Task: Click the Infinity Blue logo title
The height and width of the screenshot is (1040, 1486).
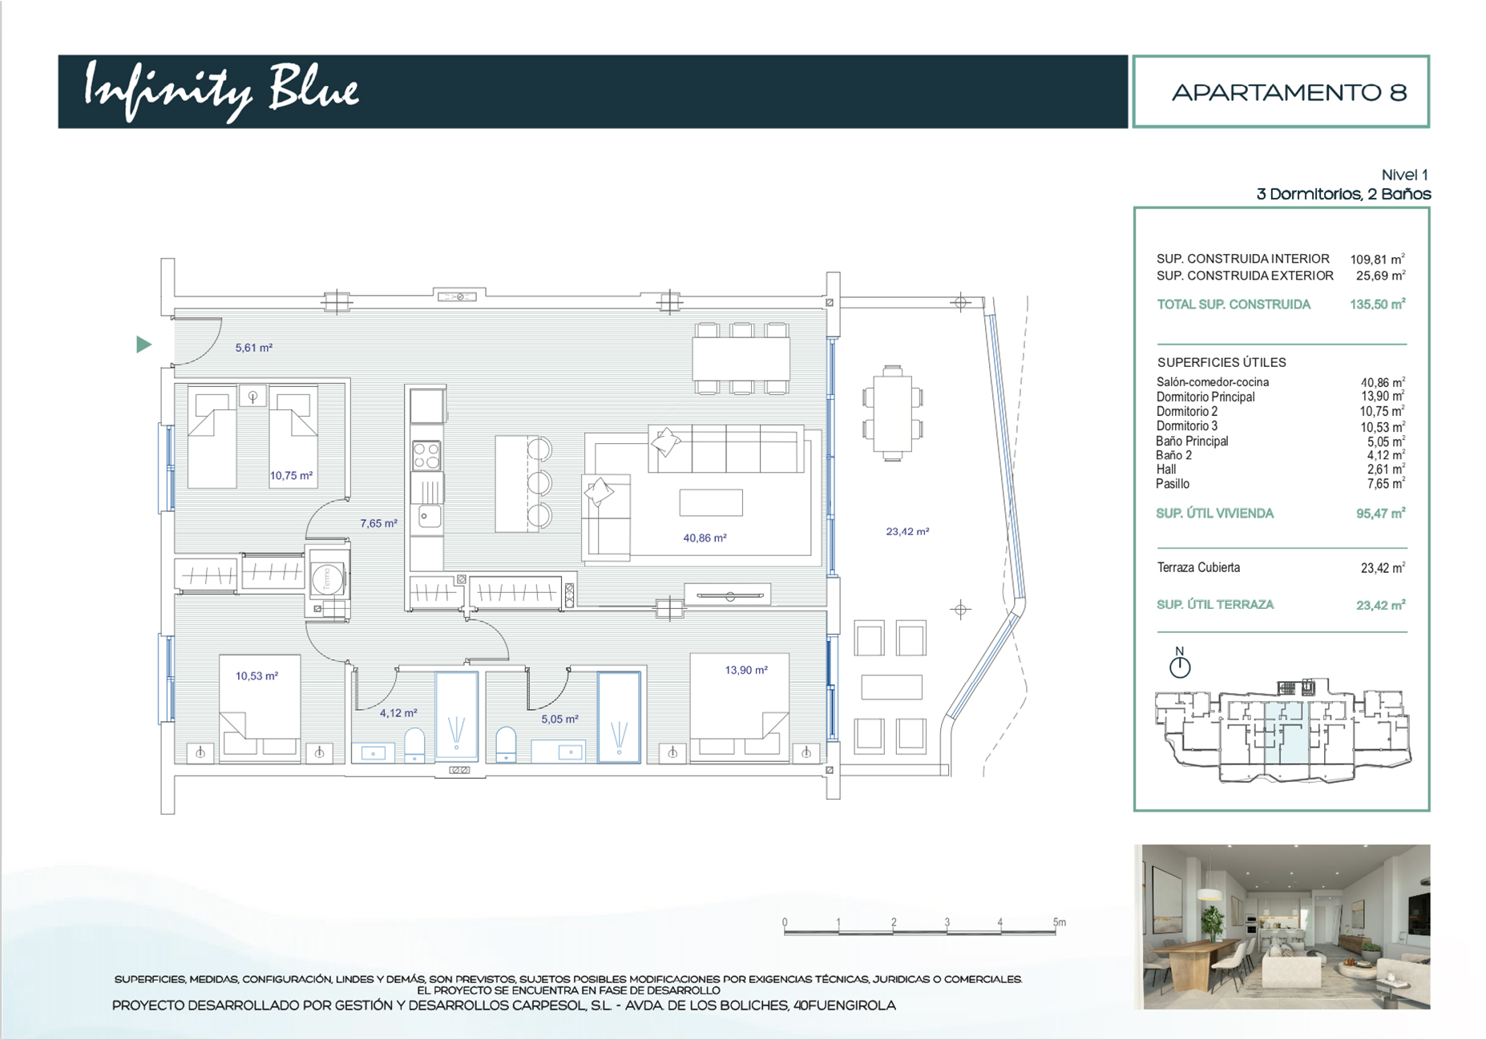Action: point(221,91)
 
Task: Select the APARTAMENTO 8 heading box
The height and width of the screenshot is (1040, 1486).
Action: point(1281,91)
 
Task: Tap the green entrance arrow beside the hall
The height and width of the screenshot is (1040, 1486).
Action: point(143,345)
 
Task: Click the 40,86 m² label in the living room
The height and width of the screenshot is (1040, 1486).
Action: point(705,538)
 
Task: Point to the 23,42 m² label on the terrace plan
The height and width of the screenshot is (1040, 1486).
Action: point(907,531)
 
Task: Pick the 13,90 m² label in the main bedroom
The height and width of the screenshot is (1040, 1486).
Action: point(746,670)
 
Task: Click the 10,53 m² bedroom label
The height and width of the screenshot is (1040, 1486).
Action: point(256,676)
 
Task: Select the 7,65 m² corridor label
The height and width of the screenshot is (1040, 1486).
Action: point(378,523)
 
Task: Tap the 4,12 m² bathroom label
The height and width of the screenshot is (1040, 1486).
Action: point(398,712)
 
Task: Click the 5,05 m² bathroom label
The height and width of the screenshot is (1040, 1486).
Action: point(559,719)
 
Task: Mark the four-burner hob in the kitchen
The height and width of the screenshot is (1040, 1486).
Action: point(426,457)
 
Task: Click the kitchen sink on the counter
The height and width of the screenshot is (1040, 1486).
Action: point(429,516)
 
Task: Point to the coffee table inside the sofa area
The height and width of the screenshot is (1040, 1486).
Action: point(711,502)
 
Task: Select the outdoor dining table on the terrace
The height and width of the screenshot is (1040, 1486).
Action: point(893,413)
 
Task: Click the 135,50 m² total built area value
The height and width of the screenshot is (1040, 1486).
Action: point(1377,304)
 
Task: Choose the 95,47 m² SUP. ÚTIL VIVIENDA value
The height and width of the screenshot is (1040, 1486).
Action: point(1380,514)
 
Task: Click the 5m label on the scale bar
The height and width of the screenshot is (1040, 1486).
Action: point(1060,922)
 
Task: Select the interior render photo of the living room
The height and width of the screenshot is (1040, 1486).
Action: point(1282,926)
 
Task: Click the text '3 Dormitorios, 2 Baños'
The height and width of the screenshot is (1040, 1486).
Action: point(1344,194)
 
